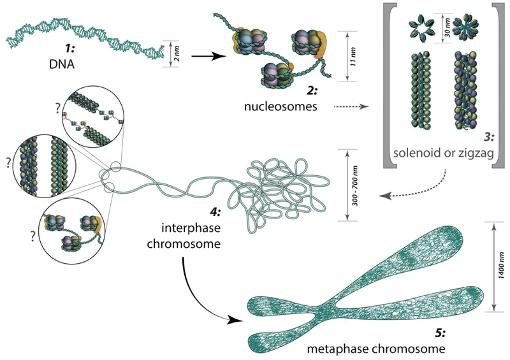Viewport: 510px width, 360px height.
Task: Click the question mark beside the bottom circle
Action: coord(29,234)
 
